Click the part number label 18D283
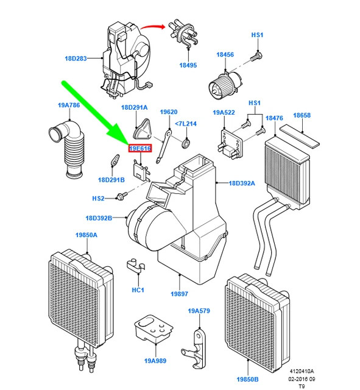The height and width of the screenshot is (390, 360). [76, 59]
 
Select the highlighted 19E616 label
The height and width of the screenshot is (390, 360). [139, 148]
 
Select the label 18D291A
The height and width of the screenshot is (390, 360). [134, 107]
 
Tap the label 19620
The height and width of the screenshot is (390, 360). [169, 112]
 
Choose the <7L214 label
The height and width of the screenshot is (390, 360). [185, 124]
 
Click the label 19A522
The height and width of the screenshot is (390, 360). [224, 113]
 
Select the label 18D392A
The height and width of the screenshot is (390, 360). [242, 183]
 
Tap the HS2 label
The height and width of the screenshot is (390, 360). [99, 199]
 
